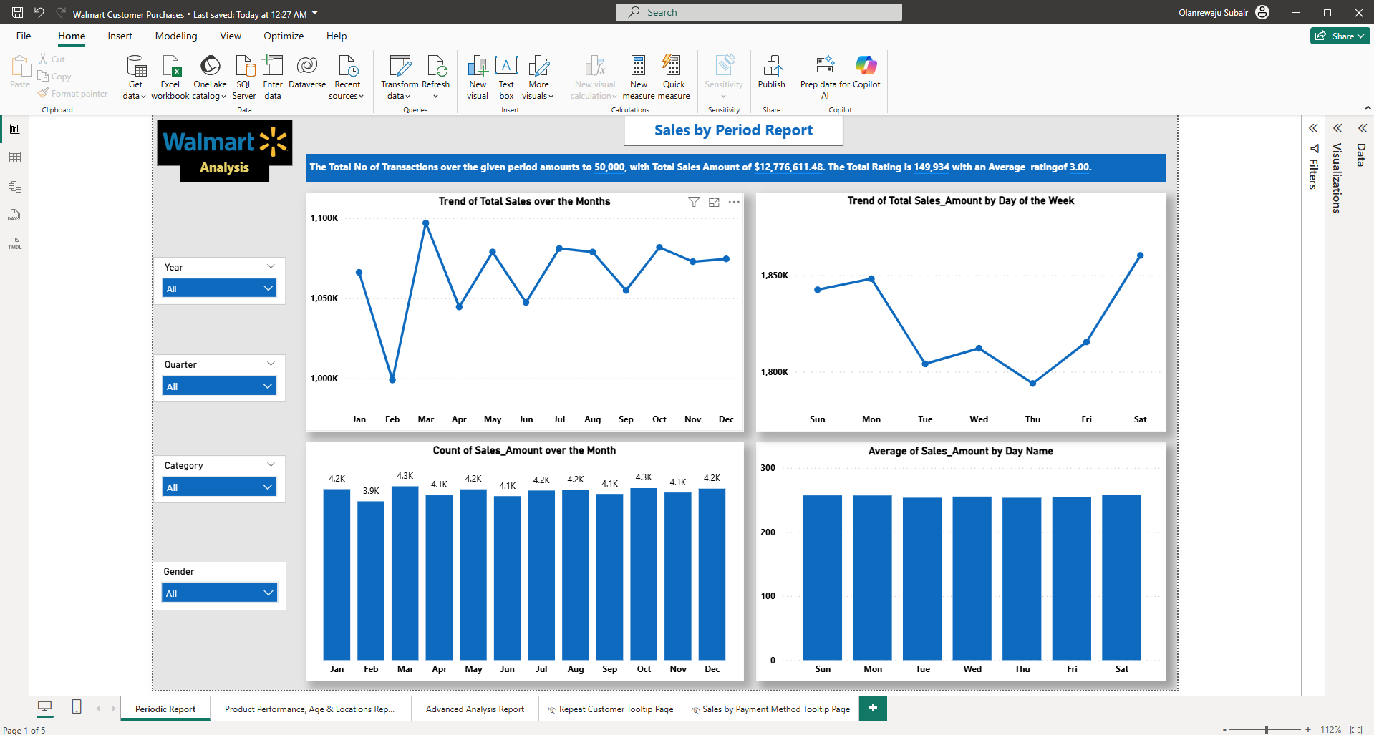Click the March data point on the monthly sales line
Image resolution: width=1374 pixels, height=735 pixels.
426,223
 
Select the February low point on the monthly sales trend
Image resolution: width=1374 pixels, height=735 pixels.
392,379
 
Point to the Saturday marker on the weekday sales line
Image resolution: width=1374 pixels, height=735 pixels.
1140,255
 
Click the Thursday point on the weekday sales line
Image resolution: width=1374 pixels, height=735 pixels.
1032,384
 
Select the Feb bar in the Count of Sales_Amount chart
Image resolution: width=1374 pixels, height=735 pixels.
371,580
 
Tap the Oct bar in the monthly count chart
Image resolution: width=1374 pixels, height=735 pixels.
644,574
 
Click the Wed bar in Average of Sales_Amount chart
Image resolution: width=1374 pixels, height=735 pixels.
972,578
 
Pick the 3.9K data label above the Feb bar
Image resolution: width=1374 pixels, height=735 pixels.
371,491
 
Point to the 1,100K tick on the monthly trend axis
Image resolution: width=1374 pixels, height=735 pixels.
324,218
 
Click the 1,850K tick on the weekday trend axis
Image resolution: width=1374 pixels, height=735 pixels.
775,276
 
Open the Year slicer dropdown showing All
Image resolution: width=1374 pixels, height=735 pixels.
219,288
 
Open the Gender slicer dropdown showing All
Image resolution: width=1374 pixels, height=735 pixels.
219,593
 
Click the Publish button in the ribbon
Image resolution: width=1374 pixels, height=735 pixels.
772,72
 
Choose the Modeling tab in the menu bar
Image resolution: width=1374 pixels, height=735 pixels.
176,36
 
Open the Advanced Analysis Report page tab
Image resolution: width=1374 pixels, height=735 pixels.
475,709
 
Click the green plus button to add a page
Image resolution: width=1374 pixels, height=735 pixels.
873,708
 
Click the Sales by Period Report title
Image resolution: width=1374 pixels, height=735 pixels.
733,130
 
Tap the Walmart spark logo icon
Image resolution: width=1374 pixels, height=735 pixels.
274,141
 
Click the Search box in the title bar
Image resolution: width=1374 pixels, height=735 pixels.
758,12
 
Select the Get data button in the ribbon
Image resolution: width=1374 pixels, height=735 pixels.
135,77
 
